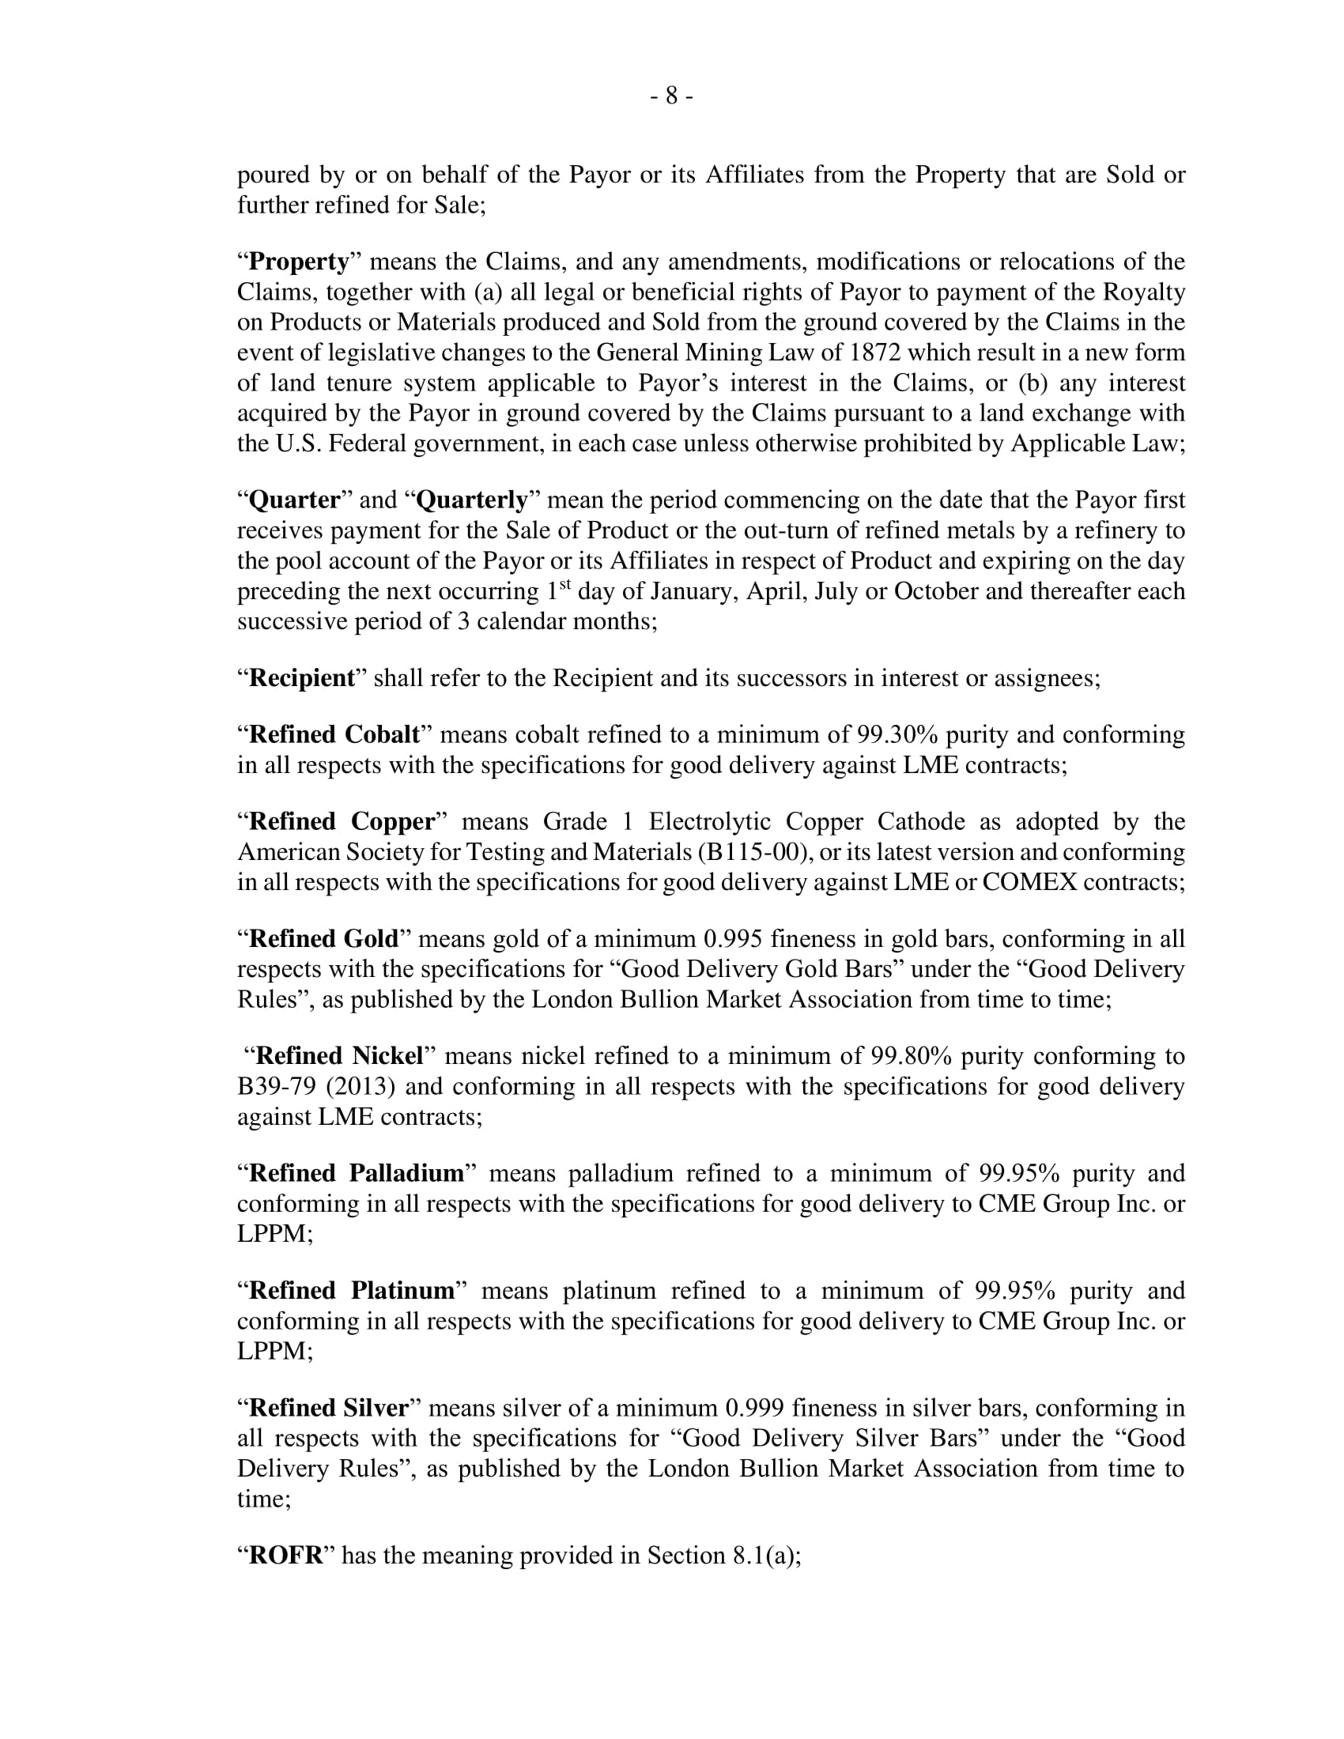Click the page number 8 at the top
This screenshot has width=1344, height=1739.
pyautogui.click(x=671, y=96)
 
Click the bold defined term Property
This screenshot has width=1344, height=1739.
pyautogui.click(x=300, y=262)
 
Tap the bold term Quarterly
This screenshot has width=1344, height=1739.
pyautogui.click(x=472, y=500)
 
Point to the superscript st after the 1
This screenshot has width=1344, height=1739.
pyautogui.click(x=565, y=585)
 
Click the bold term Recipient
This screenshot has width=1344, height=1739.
pyautogui.click(x=302, y=678)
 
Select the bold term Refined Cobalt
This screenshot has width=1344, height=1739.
pyautogui.click(x=334, y=734)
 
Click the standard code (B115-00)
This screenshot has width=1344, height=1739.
pyautogui.click(x=754, y=853)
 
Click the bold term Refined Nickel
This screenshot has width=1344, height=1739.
pyautogui.click(x=339, y=1057)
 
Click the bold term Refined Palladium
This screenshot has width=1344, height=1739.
pyautogui.click(x=357, y=1174)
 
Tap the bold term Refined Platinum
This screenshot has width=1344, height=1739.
pyautogui.click(x=352, y=1291)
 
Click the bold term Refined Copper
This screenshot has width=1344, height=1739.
pyautogui.click(x=342, y=822)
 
